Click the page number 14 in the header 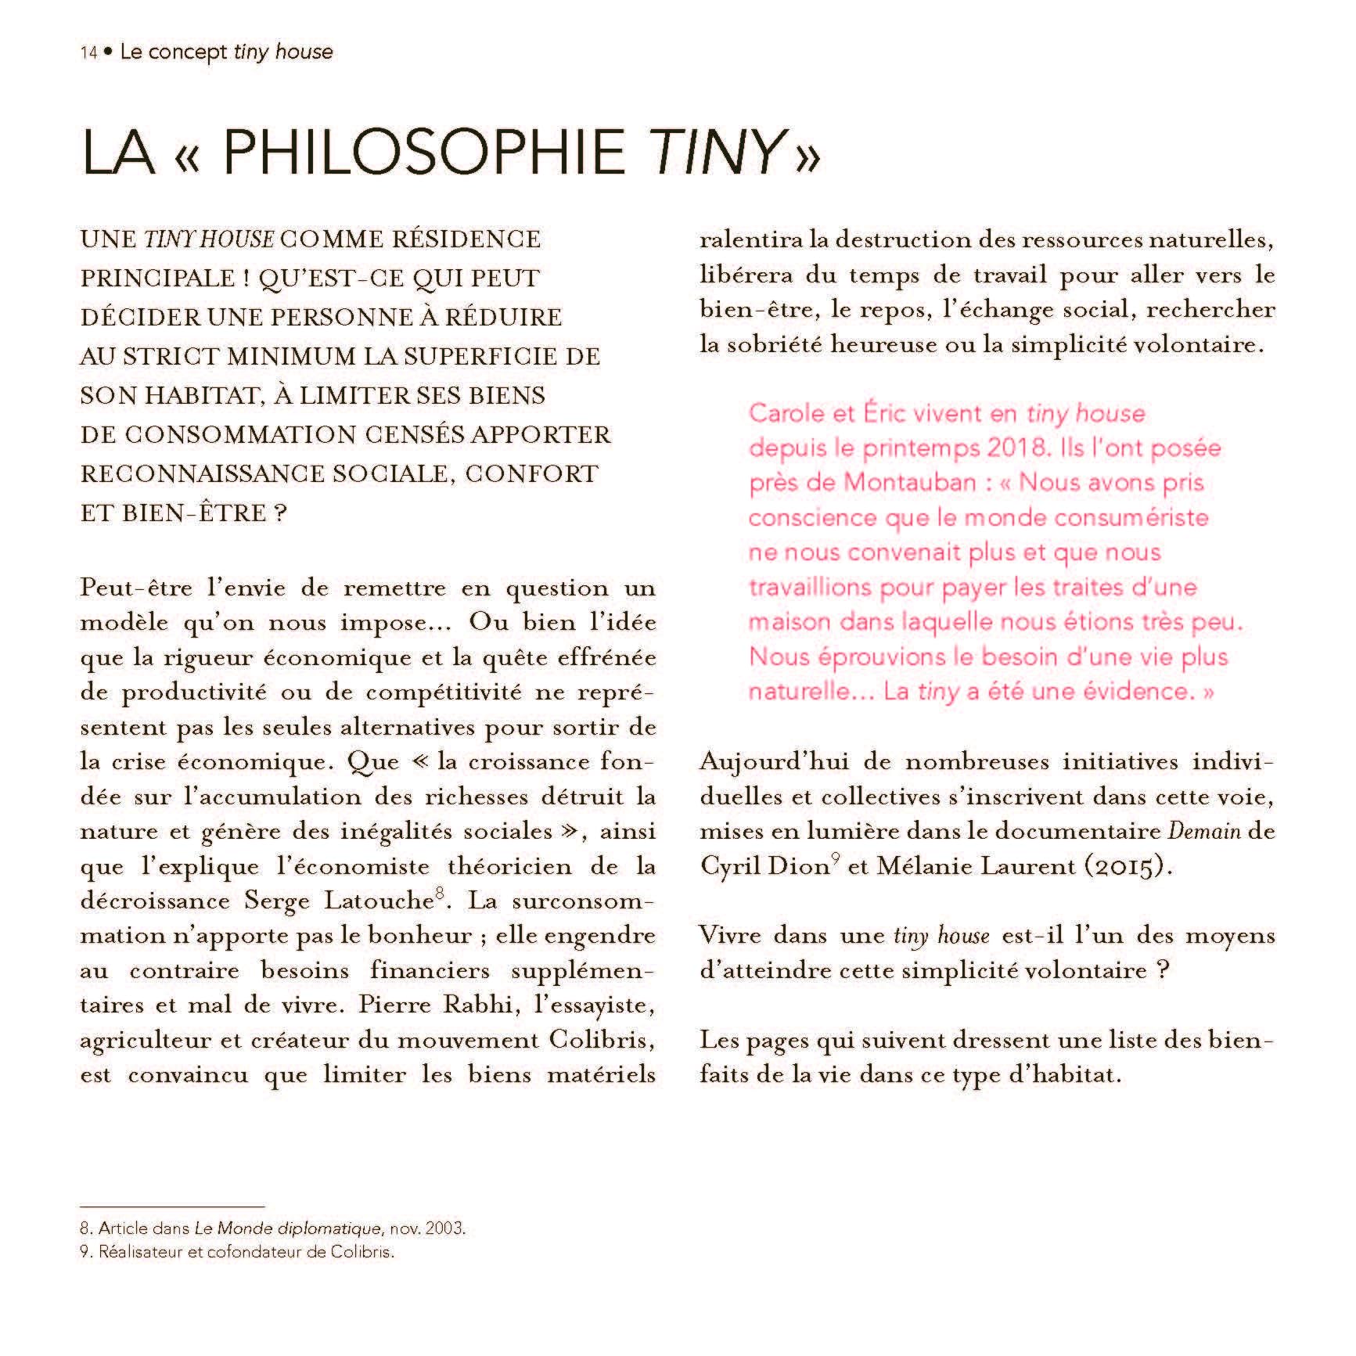click(x=88, y=53)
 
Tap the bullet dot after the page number click(x=108, y=52)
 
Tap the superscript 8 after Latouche click(x=439, y=894)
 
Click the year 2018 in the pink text click(x=1016, y=448)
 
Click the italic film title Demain click(x=1204, y=831)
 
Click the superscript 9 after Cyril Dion click(x=836, y=860)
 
